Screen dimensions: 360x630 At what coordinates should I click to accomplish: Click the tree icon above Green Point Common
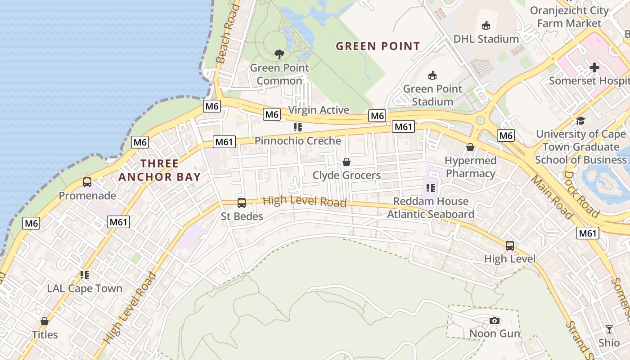(x=279, y=54)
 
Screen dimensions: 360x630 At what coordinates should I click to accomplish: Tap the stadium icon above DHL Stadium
(x=486, y=26)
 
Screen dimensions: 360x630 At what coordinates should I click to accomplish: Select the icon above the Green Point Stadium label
(x=432, y=75)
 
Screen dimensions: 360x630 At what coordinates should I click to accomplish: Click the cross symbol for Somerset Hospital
(x=594, y=67)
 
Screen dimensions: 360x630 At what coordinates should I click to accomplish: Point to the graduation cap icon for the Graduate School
(x=580, y=121)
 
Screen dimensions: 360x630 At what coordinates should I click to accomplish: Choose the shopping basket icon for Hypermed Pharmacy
(x=470, y=147)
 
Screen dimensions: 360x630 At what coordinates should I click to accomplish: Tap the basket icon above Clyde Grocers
(x=346, y=162)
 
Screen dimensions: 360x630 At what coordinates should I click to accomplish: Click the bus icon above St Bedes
(x=242, y=203)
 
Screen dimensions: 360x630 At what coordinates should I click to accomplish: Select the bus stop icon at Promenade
(x=87, y=182)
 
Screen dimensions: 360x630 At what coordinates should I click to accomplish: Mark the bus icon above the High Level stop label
(x=510, y=246)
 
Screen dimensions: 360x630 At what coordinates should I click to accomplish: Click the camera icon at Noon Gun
(x=495, y=320)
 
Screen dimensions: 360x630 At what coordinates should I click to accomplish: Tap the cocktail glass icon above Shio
(x=609, y=329)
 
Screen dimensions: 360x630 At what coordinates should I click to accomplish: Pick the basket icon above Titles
(x=45, y=321)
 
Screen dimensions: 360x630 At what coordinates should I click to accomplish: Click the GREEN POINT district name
(x=378, y=46)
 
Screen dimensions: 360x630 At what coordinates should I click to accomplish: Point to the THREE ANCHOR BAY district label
(x=159, y=170)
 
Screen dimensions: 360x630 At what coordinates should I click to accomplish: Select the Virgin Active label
(x=319, y=110)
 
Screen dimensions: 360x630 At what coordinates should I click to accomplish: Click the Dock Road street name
(x=581, y=193)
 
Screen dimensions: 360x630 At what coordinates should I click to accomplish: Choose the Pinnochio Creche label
(x=298, y=141)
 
